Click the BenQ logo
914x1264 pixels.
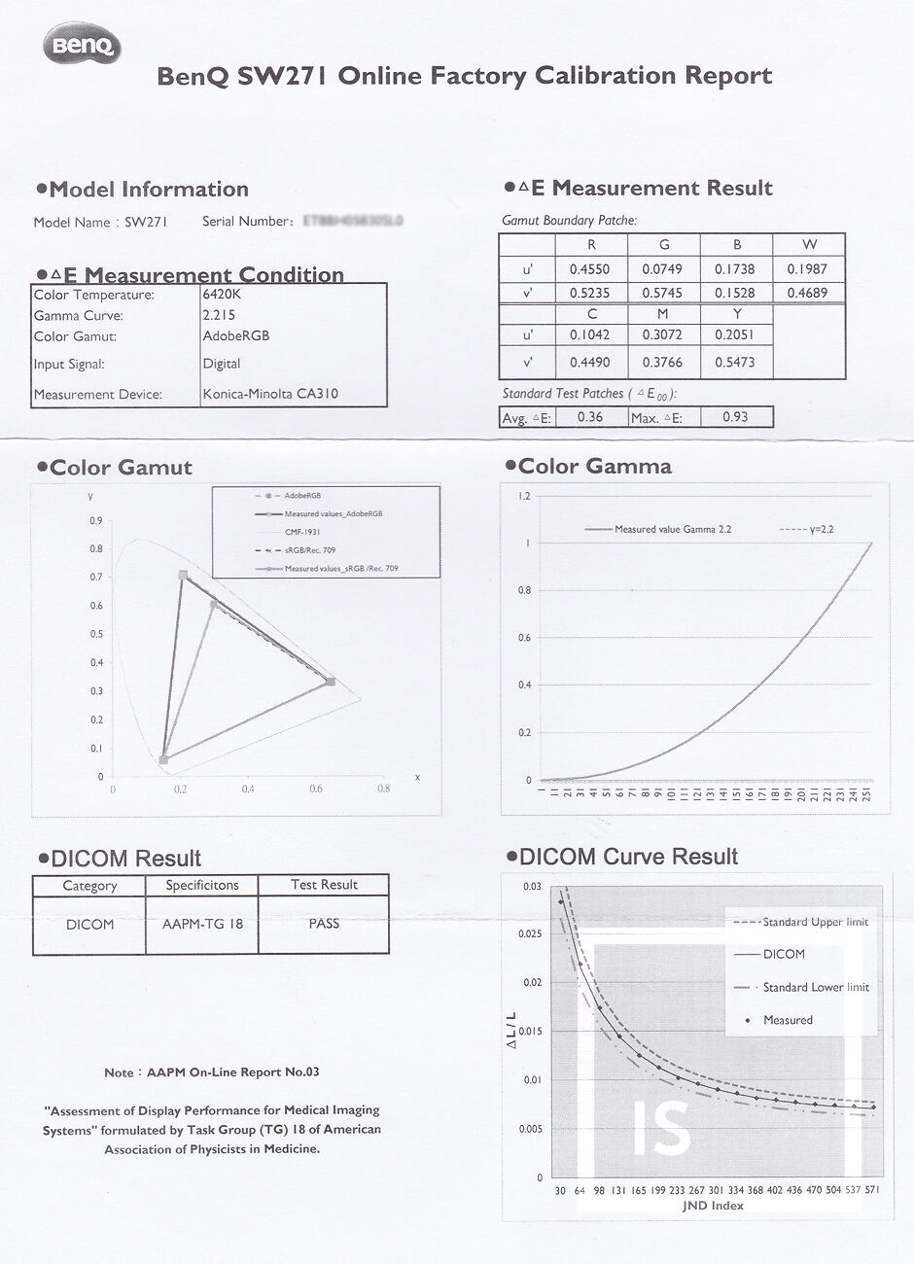pyautogui.click(x=82, y=45)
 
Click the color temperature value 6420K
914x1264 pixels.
pyautogui.click(x=223, y=295)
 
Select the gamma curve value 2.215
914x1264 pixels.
pyautogui.click(x=220, y=315)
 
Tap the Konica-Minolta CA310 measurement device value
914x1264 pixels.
pyautogui.click(x=271, y=395)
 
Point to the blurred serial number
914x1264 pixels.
pyautogui.click(x=353, y=222)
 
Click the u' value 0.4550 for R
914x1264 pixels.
pyautogui.click(x=589, y=269)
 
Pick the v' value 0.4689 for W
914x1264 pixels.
pyautogui.click(x=808, y=293)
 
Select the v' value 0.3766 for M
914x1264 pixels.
pyautogui.click(x=662, y=363)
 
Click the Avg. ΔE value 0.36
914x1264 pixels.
pyautogui.click(x=589, y=417)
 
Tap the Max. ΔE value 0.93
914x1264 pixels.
pyautogui.click(x=735, y=417)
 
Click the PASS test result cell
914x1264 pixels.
pyautogui.click(x=324, y=923)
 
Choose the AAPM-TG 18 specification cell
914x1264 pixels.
pyautogui.click(x=202, y=924)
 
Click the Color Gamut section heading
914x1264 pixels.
pyautogui.click(x=121, y=468)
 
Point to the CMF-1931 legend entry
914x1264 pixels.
pyautogui.click(x=302, y=532)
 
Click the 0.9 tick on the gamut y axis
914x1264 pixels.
pyautogui.click(x=96, y=521)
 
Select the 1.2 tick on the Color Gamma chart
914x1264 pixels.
pyautogui.click(x=524, y=497)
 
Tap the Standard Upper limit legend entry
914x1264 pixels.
pyautogui.click(x=815, y=922)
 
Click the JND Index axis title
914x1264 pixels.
pyautogui.click(x=714, y=1206)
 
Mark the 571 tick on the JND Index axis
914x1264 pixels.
pyautogui.click(x=872, y=1190)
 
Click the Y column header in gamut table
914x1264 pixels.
pyautogui.click(x=737, y=314)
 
